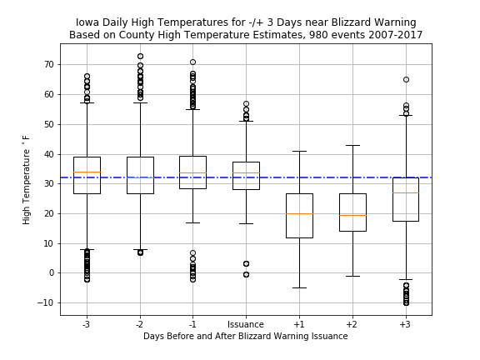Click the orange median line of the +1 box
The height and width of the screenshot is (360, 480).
299,213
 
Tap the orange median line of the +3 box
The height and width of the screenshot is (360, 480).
406,192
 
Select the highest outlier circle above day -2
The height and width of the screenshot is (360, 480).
140,57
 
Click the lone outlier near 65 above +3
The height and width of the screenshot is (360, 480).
406,80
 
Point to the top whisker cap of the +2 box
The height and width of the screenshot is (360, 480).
352,145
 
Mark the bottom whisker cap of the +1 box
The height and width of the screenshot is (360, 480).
299,287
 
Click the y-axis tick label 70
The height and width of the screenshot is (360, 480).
49,65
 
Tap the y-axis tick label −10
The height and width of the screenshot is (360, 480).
45,302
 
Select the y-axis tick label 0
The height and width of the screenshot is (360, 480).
52,272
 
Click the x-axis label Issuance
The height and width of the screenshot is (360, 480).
246,324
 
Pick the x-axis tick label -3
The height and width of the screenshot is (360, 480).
87,324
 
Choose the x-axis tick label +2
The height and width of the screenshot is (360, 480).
352,324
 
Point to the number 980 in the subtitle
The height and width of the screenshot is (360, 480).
317,35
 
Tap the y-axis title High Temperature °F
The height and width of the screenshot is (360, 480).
27,180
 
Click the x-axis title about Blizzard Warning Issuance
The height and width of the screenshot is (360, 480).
246,336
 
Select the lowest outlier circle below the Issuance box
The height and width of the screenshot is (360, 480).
246,275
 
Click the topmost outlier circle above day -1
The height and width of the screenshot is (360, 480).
192,62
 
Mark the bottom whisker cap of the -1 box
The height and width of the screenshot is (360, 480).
192,222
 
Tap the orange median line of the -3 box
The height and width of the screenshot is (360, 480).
87,172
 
